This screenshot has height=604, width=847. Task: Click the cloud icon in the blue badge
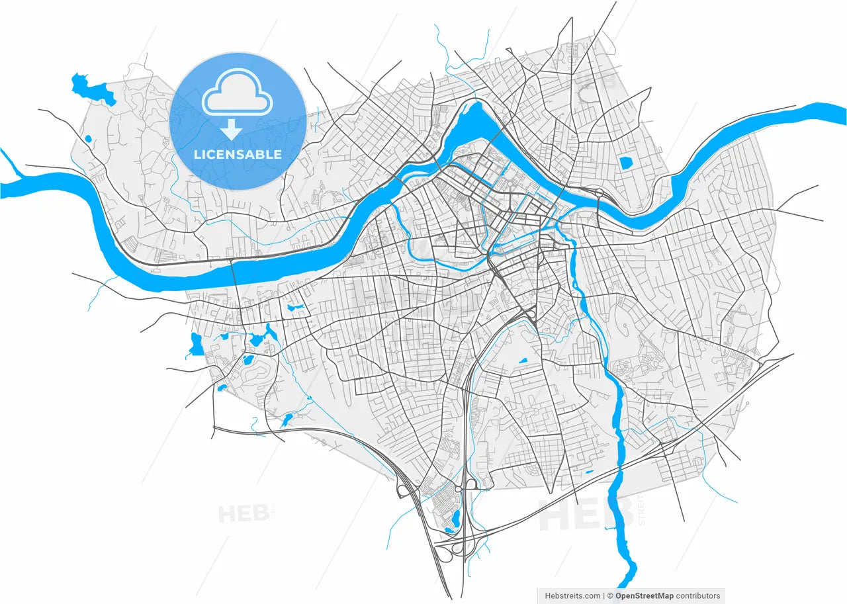(238, 98)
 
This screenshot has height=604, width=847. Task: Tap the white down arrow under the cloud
(231, 129)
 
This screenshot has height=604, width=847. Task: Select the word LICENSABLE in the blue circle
(238, 155)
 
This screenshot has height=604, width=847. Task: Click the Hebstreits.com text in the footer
(572, 595)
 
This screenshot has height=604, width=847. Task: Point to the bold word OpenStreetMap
(645, 595)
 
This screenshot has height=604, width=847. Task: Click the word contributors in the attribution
(698, 595)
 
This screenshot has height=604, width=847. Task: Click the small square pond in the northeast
(625, 161)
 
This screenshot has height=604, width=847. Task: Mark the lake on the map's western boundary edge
(196, 345)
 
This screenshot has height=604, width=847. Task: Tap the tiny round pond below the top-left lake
(88, 139)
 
